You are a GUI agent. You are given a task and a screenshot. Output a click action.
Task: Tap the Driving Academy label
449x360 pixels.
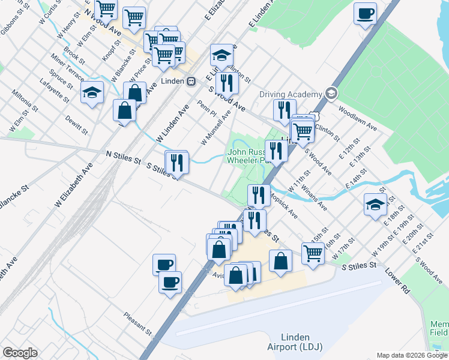(291, 94)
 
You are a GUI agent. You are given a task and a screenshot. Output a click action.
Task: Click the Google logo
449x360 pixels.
(20, 353)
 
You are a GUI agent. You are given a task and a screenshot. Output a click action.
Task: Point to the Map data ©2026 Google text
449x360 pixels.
(411, 355)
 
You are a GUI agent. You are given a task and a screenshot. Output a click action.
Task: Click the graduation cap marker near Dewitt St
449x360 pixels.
(92, 94)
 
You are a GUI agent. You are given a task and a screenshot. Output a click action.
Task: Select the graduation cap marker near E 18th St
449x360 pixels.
(375, 205)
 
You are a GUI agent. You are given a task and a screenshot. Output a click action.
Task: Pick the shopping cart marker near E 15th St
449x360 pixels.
(313, 253)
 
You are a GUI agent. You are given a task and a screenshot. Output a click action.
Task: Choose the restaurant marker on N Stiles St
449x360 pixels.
(177, 162)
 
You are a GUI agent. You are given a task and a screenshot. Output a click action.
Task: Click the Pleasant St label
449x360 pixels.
(137, 323)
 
